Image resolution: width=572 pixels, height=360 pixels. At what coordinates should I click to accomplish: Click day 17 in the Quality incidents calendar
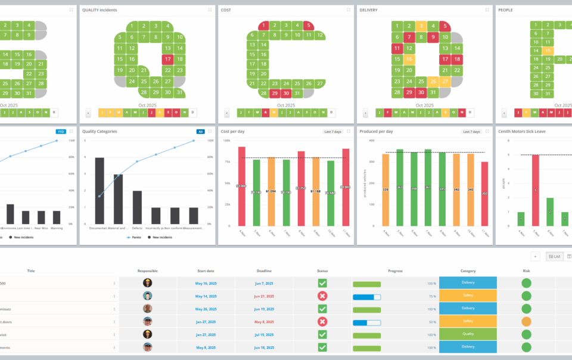pyautogui.click(x=167, y=59)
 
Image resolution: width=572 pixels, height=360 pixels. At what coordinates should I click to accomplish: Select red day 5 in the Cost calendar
pyautogui.click(x=307, y=26)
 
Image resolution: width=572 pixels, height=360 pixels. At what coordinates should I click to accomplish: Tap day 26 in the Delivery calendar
pyautogui.click(x=433, y=81)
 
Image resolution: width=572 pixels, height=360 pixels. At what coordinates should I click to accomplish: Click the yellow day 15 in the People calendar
pyautogui.click(x=548, y=51)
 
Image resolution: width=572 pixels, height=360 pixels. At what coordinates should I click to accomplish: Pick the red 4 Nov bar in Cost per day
pyautogui.click(x=241, y=186)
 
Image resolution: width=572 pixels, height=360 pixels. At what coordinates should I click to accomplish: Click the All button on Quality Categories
pyautogui.click(x=201, y=132)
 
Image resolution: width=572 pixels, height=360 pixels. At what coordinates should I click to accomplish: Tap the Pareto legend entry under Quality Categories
pyautogui.click(x=134, y=237)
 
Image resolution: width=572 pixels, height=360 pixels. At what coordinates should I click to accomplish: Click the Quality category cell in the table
pyautogui.click(x=468, y=334)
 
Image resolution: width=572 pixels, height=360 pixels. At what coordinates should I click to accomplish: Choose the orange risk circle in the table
pyautogui.click(x=526, y=322)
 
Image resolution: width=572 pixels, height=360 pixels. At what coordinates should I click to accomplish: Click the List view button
pyautogui.click(x=554, y=256)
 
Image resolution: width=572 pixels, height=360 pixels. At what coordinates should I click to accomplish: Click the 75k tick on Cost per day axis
pyautogui.click(x=227, y=162)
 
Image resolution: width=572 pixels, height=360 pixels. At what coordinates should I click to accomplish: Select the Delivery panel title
pyautogui.click(x=368, y=10)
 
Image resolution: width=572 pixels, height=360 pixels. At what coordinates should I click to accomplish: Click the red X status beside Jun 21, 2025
pyautogui.click(x=322, y=296)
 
